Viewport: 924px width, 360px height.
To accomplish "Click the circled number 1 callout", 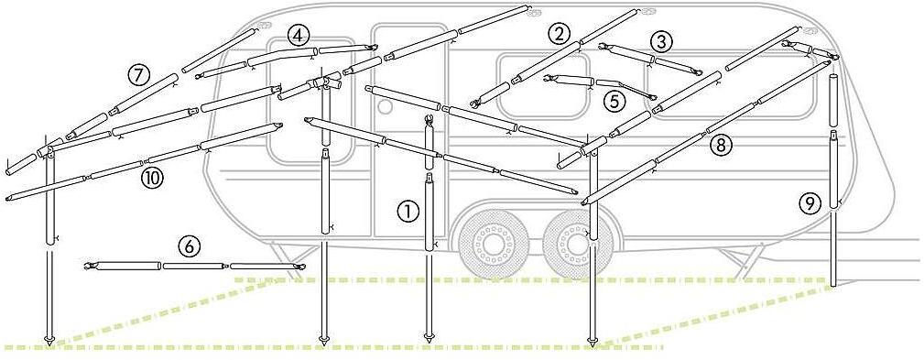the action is (408, 211).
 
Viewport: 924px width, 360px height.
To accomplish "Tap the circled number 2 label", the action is (558, 34).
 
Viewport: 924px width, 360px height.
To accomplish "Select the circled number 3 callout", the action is (661, 42).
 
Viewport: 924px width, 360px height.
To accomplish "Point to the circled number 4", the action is (299, 36).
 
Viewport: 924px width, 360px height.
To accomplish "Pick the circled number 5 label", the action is (614, 101).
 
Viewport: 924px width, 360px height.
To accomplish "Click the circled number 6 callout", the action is (190, 246).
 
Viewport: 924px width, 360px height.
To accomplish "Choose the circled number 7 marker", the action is (139, 75).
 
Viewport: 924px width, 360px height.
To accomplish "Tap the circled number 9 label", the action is (810, 204).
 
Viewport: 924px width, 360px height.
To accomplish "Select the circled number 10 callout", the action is (152, 178).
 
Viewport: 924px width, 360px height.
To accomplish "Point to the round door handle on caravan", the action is (385, 106).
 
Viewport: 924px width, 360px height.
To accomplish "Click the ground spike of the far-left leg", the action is (49, 340).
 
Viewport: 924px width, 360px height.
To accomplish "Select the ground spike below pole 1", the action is (429, 339).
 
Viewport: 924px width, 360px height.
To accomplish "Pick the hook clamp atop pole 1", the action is (429, 121).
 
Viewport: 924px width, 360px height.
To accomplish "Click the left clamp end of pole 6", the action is (90, 267).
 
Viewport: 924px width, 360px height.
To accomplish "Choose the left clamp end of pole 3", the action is (603, 46).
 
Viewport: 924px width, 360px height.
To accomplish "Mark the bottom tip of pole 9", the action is (832, 286).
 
